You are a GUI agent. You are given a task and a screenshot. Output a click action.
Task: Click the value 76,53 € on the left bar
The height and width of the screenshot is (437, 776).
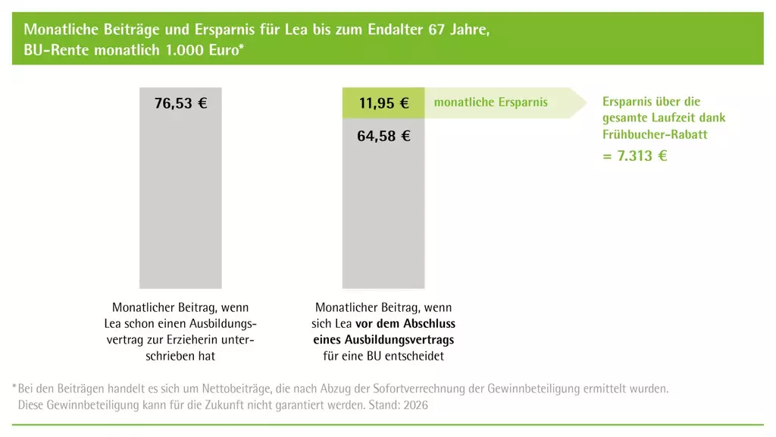(180, 104)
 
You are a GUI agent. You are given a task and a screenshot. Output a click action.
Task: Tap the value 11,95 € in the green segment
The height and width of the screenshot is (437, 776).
(383, 104)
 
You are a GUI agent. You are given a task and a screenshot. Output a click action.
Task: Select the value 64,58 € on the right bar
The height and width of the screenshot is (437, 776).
(383, 137)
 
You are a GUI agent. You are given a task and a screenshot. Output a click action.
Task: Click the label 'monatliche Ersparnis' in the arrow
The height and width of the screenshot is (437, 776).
(490, 102)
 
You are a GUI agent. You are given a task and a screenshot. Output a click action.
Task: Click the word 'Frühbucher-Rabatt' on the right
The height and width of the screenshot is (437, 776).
(655, 134)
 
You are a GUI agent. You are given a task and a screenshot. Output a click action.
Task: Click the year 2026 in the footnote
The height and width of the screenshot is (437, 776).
(415, 405)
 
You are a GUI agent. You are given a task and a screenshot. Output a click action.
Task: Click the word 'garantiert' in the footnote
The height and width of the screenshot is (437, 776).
(274, 405)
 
